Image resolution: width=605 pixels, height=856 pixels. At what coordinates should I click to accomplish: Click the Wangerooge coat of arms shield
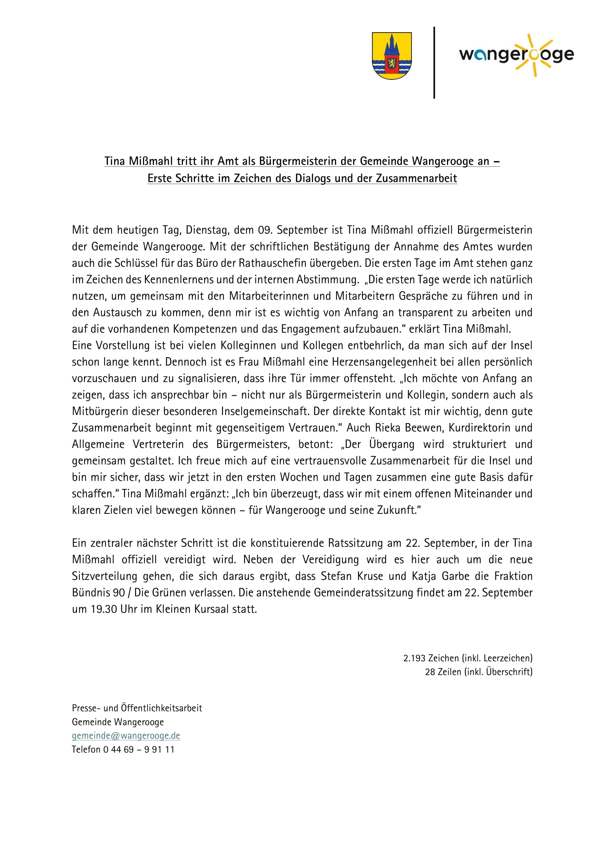(x=391, y=56)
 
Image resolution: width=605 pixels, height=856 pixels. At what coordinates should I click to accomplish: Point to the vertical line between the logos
(x=434, y=63)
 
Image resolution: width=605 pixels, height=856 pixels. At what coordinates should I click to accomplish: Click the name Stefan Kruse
(x=352, y=576)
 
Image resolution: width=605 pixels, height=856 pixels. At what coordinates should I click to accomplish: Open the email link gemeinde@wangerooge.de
(x=126, y=736)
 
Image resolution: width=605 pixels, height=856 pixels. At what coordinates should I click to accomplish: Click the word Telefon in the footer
(x=86, y=750)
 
